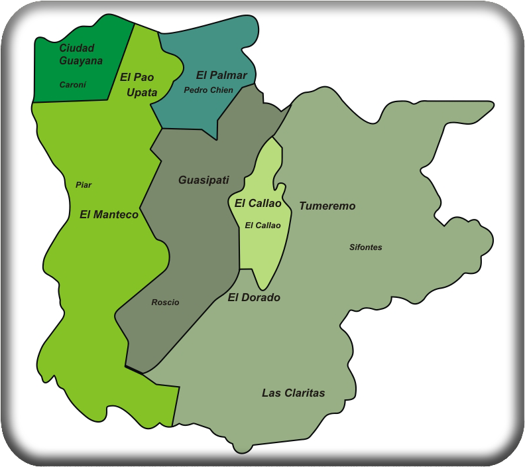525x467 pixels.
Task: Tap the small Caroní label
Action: tap(73, 85)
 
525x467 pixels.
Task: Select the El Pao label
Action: tap(137, 77)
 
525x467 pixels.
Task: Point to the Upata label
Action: tap(142, 93)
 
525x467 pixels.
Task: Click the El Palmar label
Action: tap(221, 75)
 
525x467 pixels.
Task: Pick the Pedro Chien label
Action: tap(208, 90)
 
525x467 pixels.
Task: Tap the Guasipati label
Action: tap(204, 180)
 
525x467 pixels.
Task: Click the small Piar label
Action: tap(84, 185)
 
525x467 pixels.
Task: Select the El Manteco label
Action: tap(109, 214)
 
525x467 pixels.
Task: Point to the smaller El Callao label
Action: tap(262, 226)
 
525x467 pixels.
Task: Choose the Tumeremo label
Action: tap(327, 206)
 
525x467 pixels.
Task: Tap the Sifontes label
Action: tap(365, 247)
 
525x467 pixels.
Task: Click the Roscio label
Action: tap(165, 302)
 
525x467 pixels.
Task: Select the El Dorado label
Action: tap(254, 298)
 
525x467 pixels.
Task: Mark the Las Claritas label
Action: tap(293, 393)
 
